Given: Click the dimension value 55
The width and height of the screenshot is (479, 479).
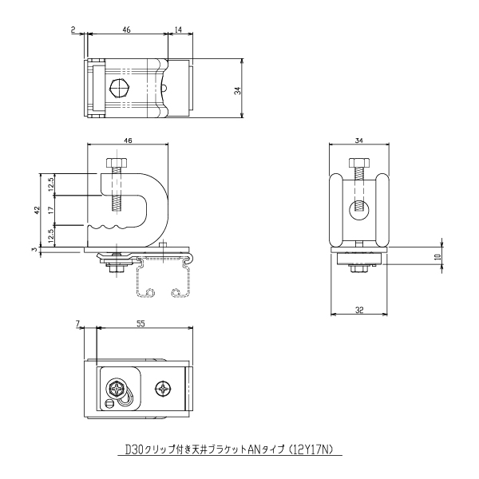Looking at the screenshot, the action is [141, 323].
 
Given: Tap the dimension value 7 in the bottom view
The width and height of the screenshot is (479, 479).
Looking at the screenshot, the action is [77, 323].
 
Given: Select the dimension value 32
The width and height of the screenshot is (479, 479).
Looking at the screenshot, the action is [359, 310].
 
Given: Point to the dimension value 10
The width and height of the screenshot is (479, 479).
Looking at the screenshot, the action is [438, 256].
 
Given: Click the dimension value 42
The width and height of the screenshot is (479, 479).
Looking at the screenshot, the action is [37, 210].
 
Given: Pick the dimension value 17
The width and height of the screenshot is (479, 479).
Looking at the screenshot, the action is [51, 210].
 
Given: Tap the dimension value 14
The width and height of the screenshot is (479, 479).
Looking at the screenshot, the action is [178, 30].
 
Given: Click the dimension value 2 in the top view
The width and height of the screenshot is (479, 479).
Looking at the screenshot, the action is [73, 30].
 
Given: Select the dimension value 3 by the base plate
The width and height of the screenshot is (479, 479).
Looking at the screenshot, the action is [35, 249].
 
